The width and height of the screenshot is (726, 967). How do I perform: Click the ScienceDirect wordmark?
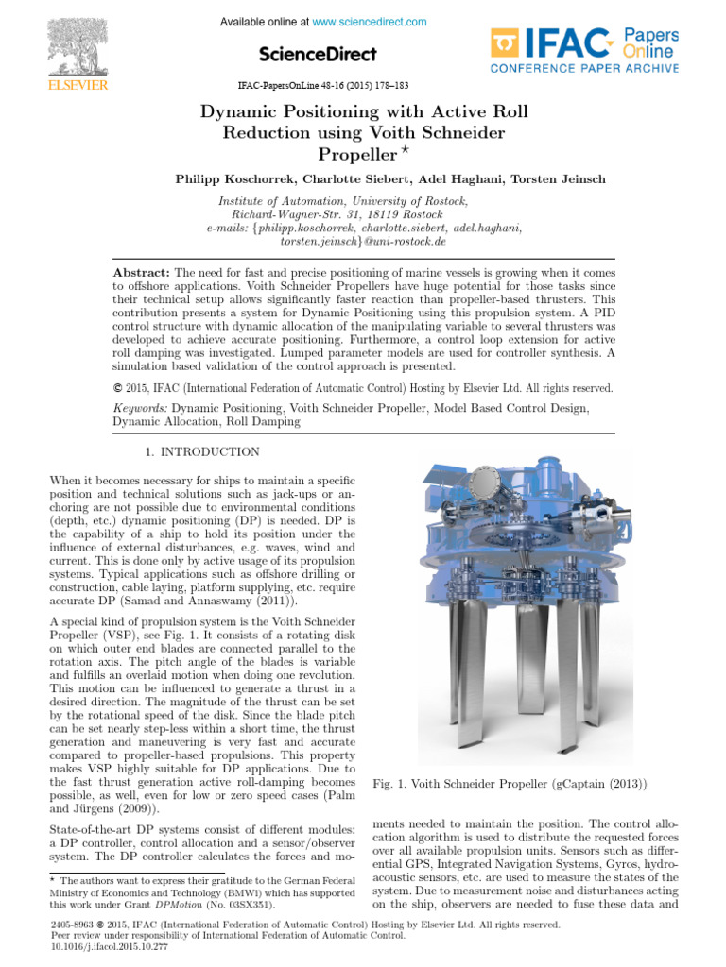317,54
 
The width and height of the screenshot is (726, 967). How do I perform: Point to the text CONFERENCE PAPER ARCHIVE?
583,69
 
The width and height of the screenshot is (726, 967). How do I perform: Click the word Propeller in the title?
351,154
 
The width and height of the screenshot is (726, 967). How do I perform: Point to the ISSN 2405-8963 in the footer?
72,925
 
